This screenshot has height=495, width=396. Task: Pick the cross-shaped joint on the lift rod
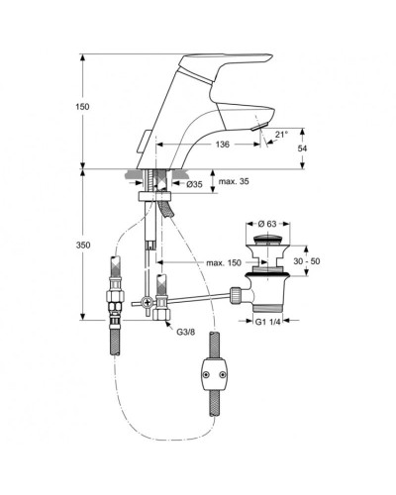click(147, 302)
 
